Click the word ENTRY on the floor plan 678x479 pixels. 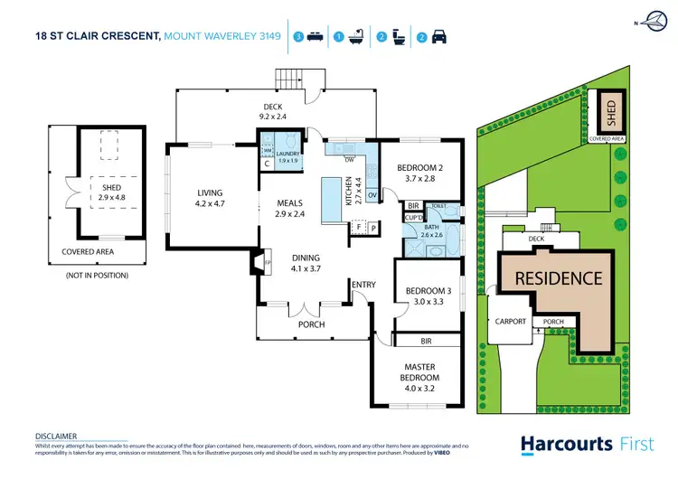coord(363,286)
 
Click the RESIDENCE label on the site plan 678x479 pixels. coord(558,278)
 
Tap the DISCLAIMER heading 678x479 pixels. coord(55,435)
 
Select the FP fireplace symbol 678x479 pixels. coord(256,264)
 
